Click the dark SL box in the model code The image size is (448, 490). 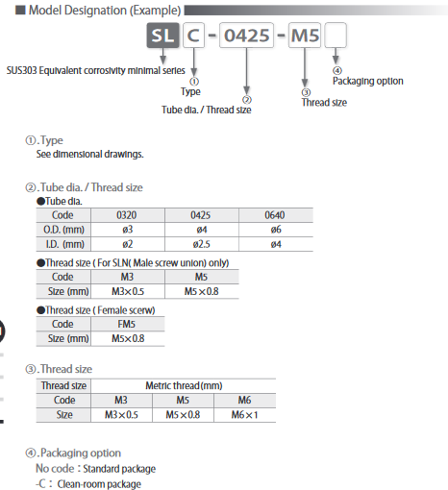162,38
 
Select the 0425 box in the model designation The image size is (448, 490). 245,38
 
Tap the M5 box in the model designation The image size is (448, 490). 305,38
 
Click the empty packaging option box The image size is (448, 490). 337,38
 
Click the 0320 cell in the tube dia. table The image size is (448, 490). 128,215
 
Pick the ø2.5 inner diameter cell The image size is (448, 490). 200,243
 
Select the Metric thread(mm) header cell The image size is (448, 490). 183,385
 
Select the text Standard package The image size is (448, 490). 117,469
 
